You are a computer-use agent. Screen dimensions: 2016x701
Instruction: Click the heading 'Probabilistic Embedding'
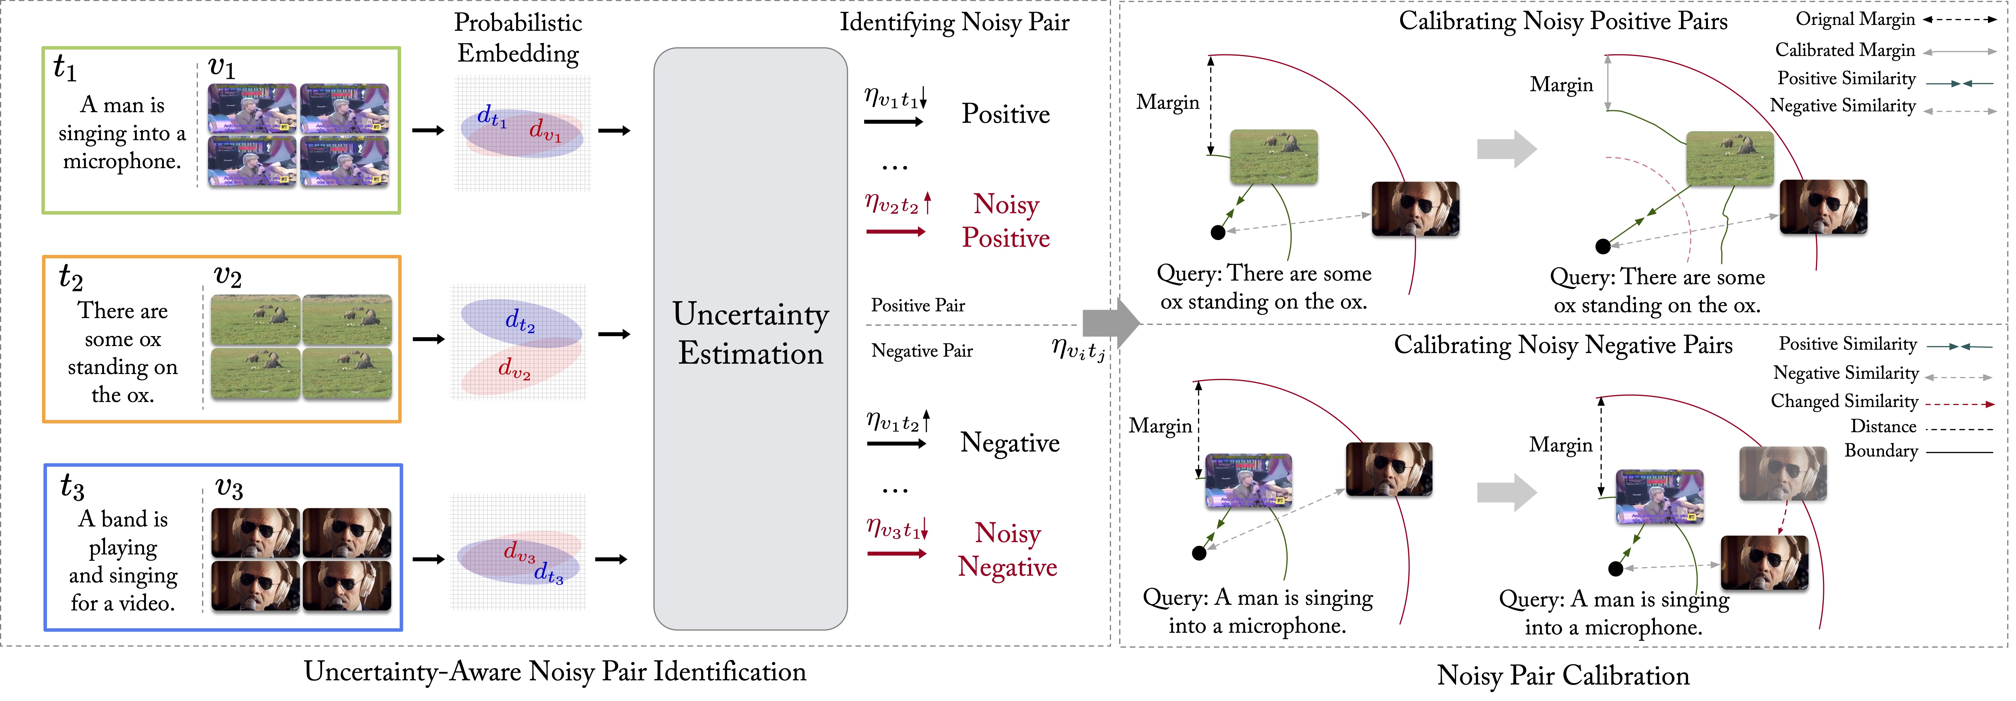tap(518, 37)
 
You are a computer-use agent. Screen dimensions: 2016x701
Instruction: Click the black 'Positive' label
tap(1006, 114)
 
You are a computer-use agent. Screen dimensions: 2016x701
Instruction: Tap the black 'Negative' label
tap(1010, 443)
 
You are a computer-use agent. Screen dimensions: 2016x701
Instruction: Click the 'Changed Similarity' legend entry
tap(1845, 401)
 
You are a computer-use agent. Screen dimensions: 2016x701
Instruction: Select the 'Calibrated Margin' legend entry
tap(1845, 50)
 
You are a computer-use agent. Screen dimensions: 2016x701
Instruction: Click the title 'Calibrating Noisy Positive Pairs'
tap(1563, 21)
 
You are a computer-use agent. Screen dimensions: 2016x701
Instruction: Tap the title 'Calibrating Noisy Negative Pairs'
tap(1563, 345)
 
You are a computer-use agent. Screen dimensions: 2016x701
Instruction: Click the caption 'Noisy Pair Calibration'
tap(1563, 675)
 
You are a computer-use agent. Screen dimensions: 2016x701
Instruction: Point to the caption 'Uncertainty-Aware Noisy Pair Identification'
tap(555, 671)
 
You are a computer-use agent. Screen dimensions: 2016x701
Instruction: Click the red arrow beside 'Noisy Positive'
tap(896, 232)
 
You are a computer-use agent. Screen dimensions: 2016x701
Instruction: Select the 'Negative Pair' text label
tap(922, 350)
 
